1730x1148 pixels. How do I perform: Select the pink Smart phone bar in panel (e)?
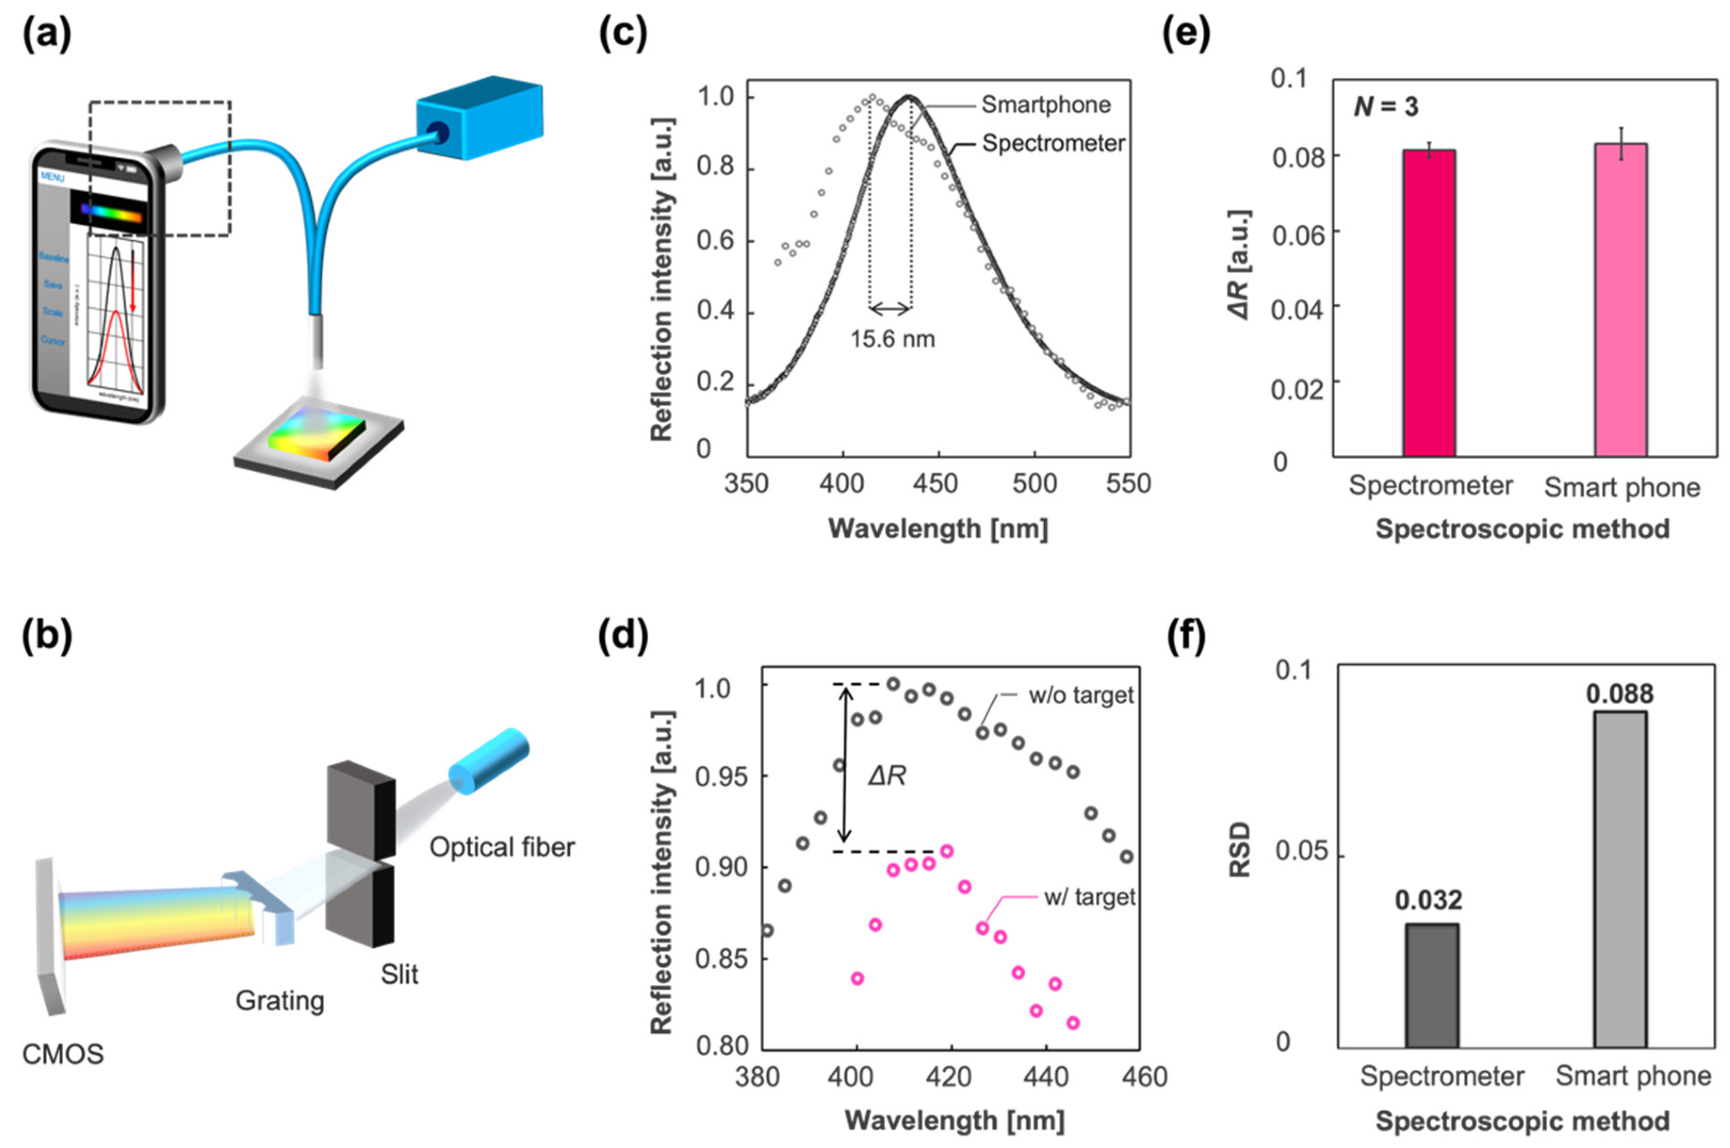point(1621,300)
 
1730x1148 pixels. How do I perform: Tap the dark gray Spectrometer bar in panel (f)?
point(1431,985)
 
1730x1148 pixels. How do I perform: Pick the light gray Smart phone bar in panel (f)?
point(1620,878)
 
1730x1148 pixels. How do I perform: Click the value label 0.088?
point(1619,693)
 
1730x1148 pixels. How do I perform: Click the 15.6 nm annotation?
point(892,339)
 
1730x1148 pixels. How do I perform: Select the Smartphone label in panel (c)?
point(1045,105)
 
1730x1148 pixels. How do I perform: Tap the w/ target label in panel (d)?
point(1089,897)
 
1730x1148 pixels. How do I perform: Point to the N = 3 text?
point(1385,107)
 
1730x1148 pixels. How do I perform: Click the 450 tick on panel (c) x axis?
point(938,483)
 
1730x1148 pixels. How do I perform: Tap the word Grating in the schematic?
point(279,1000)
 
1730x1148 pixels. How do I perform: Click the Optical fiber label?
point(501,847)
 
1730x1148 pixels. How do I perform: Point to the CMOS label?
point(63,1054)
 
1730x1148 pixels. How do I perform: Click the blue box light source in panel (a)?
point(479,117)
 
